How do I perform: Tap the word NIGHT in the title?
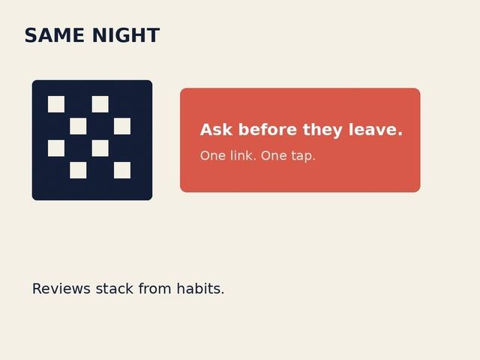coord(126,35)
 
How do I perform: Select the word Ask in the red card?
coord(216,130)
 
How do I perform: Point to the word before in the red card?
coord(268,130)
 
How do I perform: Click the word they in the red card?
coord(322,130)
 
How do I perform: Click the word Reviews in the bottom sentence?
coord(61,289)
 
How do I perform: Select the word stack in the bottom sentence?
coord(115,289)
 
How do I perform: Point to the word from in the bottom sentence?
coord(154,289)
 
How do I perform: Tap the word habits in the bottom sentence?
coord(199,289)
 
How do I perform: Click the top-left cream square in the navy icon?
coord(56,104)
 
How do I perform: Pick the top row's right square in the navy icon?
coord(100,104)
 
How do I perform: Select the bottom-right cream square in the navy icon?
coord(122,170)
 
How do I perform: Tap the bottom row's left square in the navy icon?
coord(78,170)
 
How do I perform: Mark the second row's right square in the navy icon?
coord(122,126)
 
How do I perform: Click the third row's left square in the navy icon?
coord(56,148)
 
